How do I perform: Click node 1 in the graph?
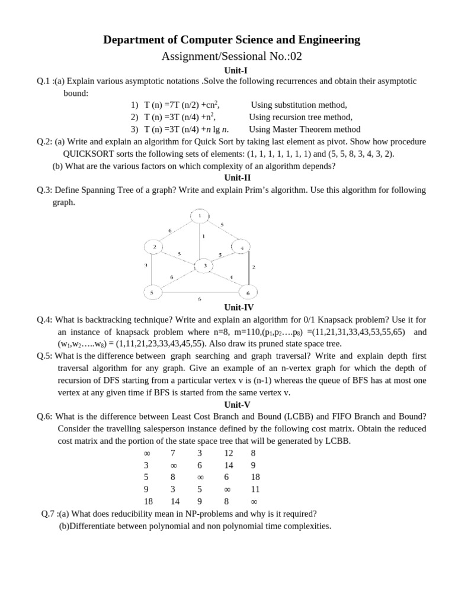(200, 216)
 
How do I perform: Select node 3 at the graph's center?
(204, 266)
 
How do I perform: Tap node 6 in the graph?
(248, 293)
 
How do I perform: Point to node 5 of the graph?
(152, 292)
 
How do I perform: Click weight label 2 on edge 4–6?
(254, 267)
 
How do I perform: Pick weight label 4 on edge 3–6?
(230, 277)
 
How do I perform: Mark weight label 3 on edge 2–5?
(146, 265)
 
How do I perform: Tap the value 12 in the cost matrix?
(228, 453)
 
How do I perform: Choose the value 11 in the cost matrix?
(255, 489)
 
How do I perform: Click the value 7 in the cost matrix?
(173, 453)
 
